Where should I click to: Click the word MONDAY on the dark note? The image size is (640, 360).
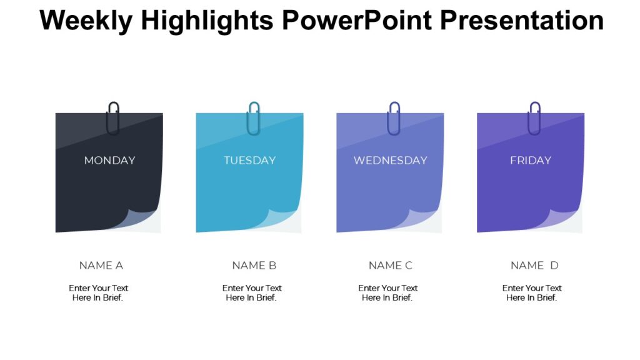109,161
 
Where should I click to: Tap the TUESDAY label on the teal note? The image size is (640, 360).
249,161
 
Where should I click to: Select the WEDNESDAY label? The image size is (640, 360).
390,161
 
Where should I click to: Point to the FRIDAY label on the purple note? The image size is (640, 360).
531,161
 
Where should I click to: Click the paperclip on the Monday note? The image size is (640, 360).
113,118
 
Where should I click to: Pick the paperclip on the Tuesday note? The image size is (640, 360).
254,118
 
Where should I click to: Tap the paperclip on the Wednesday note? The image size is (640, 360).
394,118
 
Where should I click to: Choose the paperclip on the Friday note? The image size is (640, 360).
534,118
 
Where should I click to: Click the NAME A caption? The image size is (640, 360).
101,266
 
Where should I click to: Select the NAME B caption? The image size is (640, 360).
254,266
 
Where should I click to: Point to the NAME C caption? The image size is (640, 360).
391,266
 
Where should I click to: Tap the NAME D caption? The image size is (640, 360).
534,266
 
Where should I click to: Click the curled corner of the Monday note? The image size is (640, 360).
142,219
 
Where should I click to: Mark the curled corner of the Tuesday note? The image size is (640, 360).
283,219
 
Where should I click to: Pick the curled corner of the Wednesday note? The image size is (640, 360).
424,219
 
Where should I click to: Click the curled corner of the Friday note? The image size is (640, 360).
564,219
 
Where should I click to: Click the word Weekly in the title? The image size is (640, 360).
86,21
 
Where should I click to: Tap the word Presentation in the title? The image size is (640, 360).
521,21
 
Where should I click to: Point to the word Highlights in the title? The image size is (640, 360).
207,21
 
